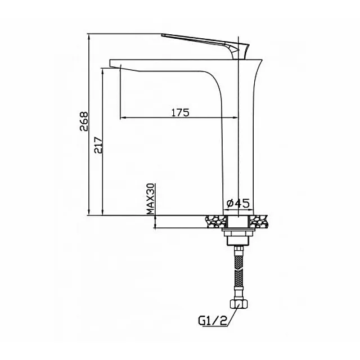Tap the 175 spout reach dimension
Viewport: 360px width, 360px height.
point(179,112)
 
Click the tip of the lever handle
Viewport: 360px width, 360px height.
point(164,35)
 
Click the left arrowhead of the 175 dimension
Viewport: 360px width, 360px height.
point(124,118)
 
